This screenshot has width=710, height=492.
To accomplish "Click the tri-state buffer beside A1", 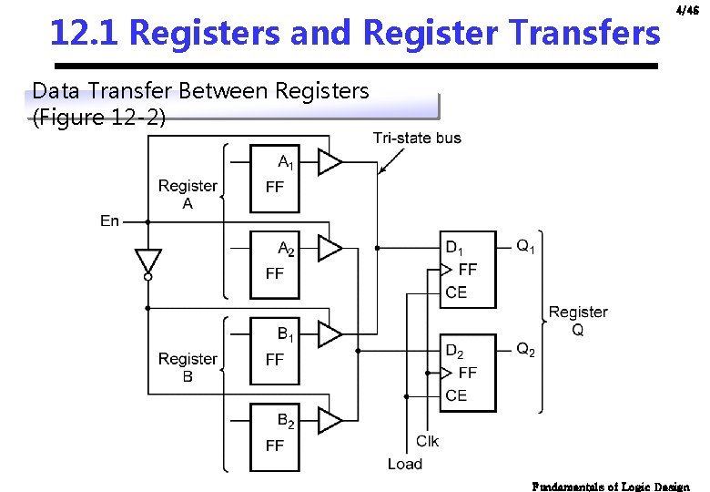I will tap(330, 163).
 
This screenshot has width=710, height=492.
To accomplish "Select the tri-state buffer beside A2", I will tap(330, 249).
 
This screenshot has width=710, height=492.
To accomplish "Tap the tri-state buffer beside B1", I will tap(330, 334).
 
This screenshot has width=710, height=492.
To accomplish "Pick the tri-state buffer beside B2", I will tap(330, 420).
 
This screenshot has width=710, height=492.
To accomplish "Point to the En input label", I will tap(109, 220).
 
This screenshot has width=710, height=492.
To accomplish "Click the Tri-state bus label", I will tap(417, 138).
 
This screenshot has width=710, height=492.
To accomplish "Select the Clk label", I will tap(427, 441).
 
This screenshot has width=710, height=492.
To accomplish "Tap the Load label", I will tap(405, 464).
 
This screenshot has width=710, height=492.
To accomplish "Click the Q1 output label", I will tap(526, 246).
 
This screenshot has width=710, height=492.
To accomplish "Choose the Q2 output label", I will tap(526, 349).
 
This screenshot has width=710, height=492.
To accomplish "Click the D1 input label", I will tap(454, 247).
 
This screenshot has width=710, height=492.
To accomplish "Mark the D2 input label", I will tap(454, 351).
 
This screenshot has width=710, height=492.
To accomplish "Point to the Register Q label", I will tap(578, 321).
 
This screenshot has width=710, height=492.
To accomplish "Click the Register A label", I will tap(188, 194).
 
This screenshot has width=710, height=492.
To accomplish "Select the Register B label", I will tap(188, 367).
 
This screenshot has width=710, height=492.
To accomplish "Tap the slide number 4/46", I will tap(687, 11).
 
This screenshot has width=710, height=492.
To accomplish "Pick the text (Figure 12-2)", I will tap(99, 118).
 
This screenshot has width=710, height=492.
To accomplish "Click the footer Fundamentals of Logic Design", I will tap(611, 487).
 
